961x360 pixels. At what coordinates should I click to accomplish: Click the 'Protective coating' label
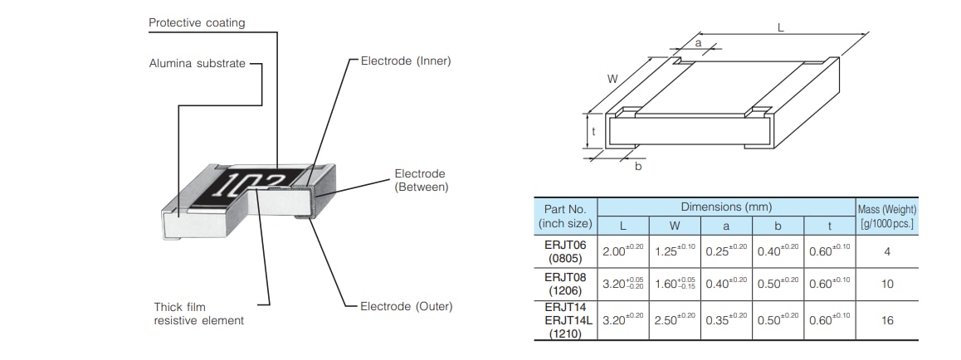click(x=197, y=23)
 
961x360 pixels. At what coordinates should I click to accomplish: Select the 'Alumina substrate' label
click(x=198, y=63)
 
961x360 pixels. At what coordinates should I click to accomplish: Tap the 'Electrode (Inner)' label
click(x=406, y=61)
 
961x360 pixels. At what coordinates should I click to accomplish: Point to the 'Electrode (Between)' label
click(x=421, y=180)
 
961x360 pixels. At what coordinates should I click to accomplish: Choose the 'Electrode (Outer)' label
click(x=407, y=306)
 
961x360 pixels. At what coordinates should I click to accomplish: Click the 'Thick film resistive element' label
click(x=199, y=314)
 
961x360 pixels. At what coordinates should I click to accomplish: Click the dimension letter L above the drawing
click(x=780, y=27)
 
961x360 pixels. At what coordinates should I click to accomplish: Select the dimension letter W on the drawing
click(x=612, y=79)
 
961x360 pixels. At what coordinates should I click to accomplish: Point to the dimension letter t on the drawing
click(x=593, y=131)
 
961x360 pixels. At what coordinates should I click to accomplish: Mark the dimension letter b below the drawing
click(x=637, y=167)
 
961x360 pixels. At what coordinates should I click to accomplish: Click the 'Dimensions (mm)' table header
click(x=726, y=207)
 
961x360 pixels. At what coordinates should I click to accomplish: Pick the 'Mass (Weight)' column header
click(x=887, y=216)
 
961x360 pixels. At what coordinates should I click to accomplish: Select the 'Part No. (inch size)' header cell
click(x=564, y=216)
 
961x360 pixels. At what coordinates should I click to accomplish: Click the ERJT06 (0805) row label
click(x=564, y=251)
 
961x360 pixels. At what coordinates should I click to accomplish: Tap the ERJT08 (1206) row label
click(x=564, y=285)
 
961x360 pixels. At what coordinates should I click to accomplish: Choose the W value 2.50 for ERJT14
click(x=674, y=319)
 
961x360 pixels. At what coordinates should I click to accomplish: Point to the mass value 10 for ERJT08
click(x=887, y=285)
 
